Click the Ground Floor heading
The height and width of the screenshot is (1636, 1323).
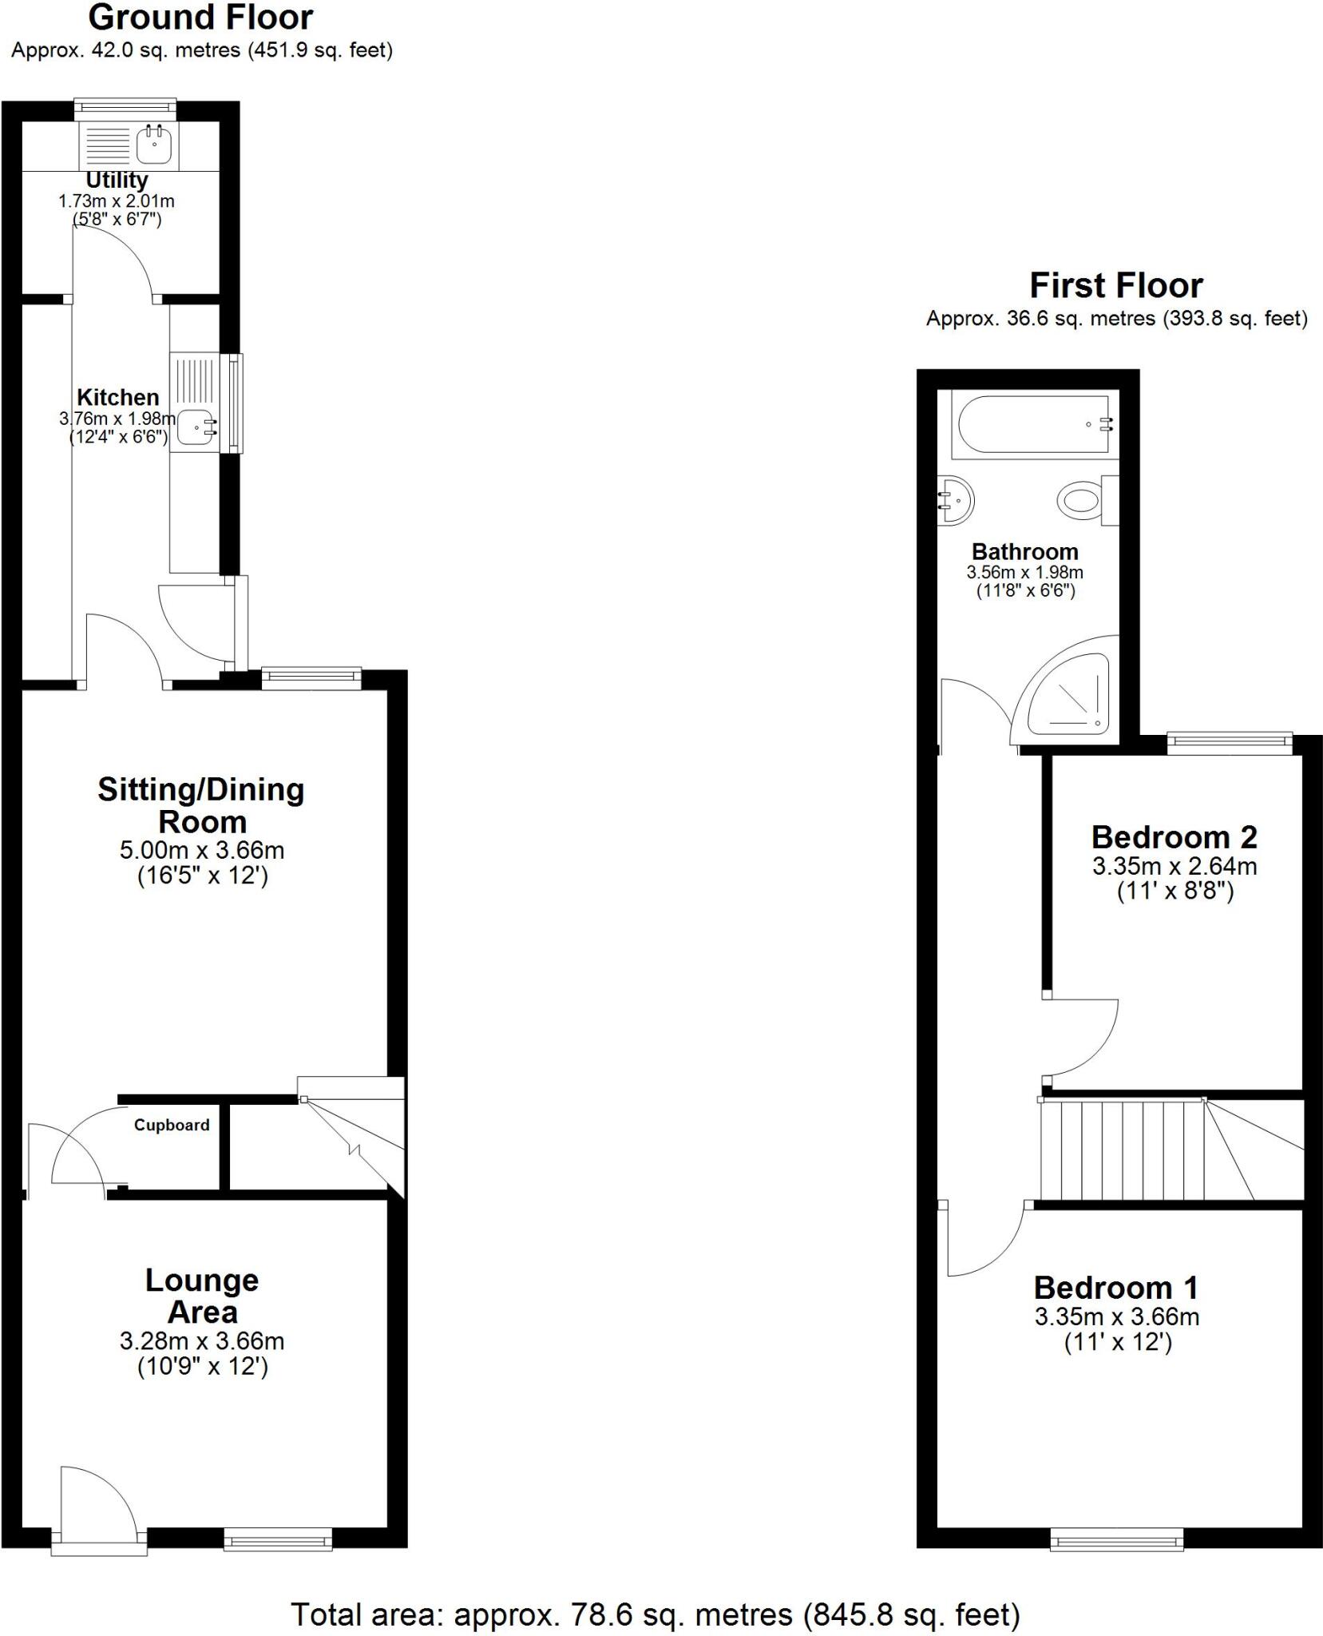(x=200, y=18)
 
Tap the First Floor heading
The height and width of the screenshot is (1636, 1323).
(x=1115, y=285)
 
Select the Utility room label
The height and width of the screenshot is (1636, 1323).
(x=117, y=181)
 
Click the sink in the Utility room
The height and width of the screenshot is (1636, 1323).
(x=153, y=145)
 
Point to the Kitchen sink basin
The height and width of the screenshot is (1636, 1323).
(x=195, y=427)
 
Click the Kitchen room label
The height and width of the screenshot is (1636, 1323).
(x=117, y=397)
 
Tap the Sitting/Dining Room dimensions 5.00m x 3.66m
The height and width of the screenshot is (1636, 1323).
(x=202, y=850)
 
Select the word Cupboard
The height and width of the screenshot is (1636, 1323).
(x=172, y=1125)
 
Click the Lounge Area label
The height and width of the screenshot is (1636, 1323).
(x=202, y=1296)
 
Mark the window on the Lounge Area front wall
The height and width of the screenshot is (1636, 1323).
(x=278, y=1539)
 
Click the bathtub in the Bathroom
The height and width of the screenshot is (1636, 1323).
(x=1034, y=424)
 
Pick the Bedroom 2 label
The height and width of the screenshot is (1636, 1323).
(x=1174, y=837)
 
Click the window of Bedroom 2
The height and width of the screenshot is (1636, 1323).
(x=1230, y=743)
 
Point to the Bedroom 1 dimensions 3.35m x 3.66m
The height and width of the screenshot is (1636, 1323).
(x=1116, y=1316)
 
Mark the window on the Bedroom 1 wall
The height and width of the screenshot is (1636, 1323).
(x=1116, y=1539)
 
